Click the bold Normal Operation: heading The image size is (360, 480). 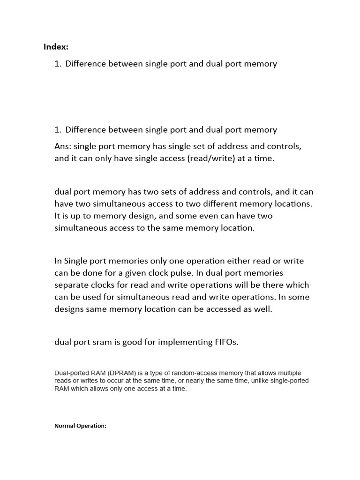(x=81, y=426)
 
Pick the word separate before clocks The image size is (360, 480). (x=71, y=285)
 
